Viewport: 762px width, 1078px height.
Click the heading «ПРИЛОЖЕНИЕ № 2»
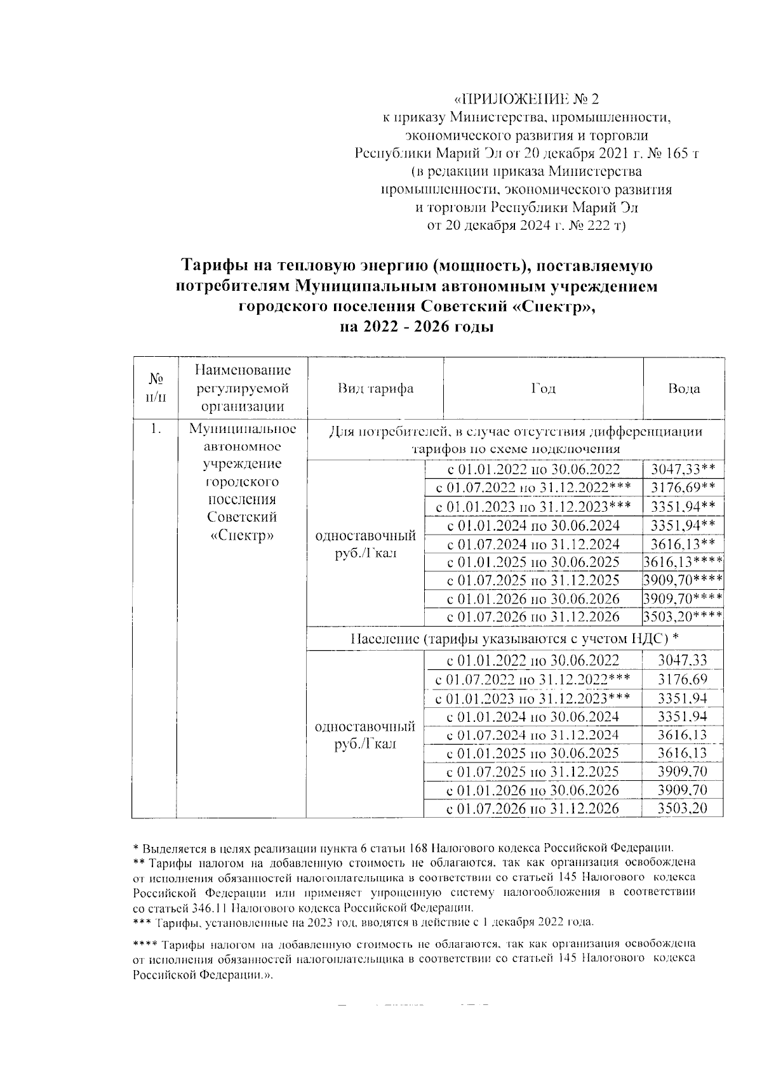coord(527,100)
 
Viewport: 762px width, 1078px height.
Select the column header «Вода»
coord(684,389)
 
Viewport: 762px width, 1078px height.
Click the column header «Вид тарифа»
coord(375,389)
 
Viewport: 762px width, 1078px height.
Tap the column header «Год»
coord(543,389)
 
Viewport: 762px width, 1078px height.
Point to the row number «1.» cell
coord(154,430)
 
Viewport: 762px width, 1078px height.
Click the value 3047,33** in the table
coord(683,470)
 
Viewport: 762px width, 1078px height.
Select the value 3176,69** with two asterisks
coord(683,488)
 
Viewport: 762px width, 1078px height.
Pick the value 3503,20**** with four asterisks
coord(683,617)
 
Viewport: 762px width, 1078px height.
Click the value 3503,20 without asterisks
coord(683,808)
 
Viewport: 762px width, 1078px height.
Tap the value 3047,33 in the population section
coord(683,661)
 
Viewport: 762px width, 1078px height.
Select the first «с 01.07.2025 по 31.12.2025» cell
coord(533,580)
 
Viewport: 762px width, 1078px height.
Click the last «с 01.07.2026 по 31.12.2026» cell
coord(533,808)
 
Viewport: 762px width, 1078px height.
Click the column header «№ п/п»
coord(154,389)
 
